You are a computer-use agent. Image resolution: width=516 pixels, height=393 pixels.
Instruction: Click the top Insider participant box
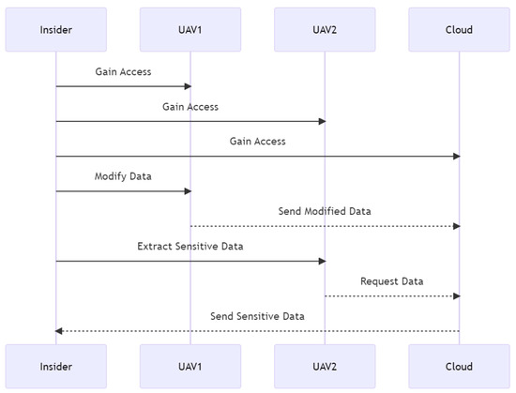point(55,29)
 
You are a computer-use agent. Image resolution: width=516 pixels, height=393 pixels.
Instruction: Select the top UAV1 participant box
point(190,29)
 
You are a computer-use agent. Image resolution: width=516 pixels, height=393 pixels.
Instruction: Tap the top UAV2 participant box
point(325,29)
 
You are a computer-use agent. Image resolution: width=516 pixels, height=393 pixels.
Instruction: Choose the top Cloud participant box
point(460,29)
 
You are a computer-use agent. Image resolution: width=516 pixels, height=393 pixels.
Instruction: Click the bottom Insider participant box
point(55,367)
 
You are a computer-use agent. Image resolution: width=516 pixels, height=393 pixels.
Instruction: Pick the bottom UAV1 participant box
point(190,367)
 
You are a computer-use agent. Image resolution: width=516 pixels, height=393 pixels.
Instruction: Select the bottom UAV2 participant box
point(325,367)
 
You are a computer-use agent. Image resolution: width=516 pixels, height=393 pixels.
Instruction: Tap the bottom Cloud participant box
point(460,367)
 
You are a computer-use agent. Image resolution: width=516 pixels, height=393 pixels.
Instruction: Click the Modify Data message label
point(123,176)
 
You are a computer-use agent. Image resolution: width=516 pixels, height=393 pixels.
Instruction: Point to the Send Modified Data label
point(325,211)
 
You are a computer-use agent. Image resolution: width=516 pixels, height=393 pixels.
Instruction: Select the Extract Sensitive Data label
point(190,246)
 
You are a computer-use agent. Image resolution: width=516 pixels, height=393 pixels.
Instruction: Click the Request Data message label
point(392,280)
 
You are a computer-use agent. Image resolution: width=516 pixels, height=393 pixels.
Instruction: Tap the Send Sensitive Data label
point(257,316)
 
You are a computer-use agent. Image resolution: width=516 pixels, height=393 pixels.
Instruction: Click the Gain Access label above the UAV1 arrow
point(123,71)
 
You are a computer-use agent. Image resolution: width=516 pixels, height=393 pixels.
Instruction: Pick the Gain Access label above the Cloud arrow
point(257,141)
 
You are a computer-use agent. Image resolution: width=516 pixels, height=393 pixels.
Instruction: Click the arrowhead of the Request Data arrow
point(456,296)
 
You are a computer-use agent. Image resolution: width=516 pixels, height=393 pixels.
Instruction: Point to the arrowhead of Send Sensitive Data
point(59,331)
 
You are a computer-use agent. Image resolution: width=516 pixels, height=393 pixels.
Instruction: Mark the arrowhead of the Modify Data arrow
point(187,191)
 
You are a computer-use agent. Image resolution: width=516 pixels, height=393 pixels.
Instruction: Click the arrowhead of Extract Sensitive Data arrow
point(321,262)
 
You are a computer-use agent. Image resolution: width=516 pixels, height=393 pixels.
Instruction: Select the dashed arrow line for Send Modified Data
point(325,226)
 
